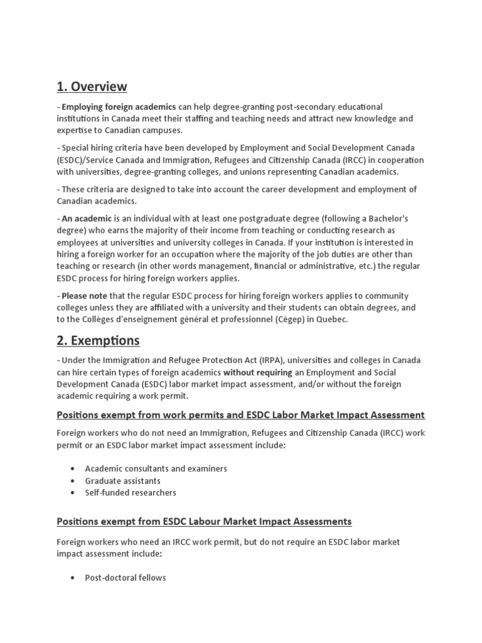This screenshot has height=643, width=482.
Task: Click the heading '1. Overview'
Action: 92,87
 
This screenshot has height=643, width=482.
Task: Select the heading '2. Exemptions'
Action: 99,341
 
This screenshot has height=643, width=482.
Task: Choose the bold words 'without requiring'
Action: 258,372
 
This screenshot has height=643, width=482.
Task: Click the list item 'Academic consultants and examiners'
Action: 156,468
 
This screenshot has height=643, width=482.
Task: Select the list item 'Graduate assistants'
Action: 123,481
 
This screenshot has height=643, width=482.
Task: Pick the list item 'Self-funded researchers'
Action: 131,493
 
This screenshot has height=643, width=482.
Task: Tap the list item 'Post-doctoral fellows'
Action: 126,578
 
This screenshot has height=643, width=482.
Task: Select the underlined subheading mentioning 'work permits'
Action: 240,415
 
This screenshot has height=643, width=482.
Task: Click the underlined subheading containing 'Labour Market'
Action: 204,521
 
